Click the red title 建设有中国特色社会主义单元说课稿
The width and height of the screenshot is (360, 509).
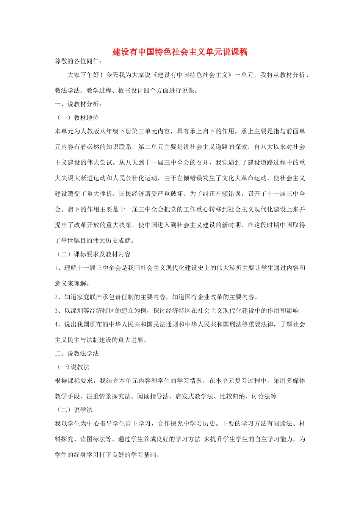click(180, 52)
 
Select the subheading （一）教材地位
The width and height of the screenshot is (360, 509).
click(77, 118)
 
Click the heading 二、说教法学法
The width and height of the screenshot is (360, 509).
click(77, 353)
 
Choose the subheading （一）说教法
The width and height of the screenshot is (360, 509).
click(73, 367)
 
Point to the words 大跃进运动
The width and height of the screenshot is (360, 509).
click(90, 178)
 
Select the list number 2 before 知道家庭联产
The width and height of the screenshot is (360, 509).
click(56, 297)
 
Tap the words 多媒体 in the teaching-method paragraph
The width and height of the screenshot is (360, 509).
click(296, 381)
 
